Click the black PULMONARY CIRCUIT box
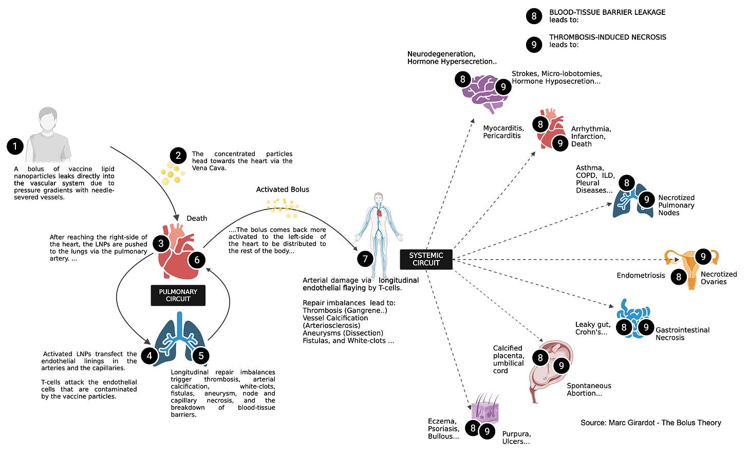click(178, 295)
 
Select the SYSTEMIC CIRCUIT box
click(426, 259)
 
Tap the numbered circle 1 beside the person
click(15, 146)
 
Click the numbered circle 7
click(365, 259)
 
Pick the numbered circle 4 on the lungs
click(149, 355)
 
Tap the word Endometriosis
click(641, 276)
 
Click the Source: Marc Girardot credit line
click(650, 423)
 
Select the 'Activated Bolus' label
click(283, 190)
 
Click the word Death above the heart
click(197, 218)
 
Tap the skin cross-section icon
click(485, 409)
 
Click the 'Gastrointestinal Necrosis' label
click(682, 334)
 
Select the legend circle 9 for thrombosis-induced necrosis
click(534, 45)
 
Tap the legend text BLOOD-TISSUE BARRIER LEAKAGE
click(607, 12)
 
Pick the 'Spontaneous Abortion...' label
click(589, 390)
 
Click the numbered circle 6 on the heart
click(197, 260)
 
